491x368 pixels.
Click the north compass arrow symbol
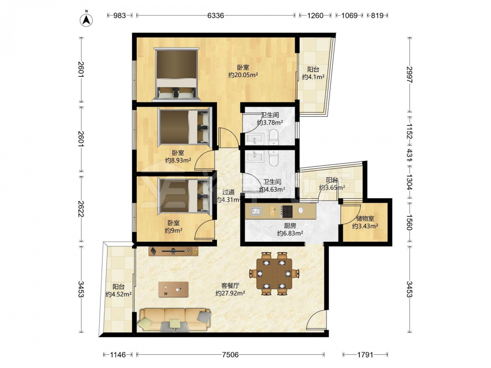(x=86, y=19)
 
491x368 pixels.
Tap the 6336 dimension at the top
(x=216, y=15)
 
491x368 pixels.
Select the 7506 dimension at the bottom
(x=230, y=355)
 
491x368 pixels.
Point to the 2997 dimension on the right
(x=409, y=75)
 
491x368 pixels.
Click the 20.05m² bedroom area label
(x=243, y=75)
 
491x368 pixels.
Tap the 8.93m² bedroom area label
(x=178, y=160)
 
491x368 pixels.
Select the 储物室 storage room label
(x=365, y=218)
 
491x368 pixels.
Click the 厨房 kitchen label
(x=290, y=226)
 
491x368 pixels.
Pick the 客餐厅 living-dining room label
(x=230, y=286)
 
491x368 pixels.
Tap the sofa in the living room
(x=175, y=319)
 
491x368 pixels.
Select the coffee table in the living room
(x=173, y=289)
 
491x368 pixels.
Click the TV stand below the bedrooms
(x=173, y=251)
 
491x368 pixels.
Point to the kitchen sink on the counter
(x=256, y=211)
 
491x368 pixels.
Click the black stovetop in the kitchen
(x=287, y=211)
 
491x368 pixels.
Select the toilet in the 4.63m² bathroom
(x=274, y=158)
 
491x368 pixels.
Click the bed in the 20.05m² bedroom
(x=177, y=75)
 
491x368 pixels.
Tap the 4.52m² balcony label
(x=118, y=294)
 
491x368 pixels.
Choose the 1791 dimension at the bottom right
(x=365, y=355)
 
